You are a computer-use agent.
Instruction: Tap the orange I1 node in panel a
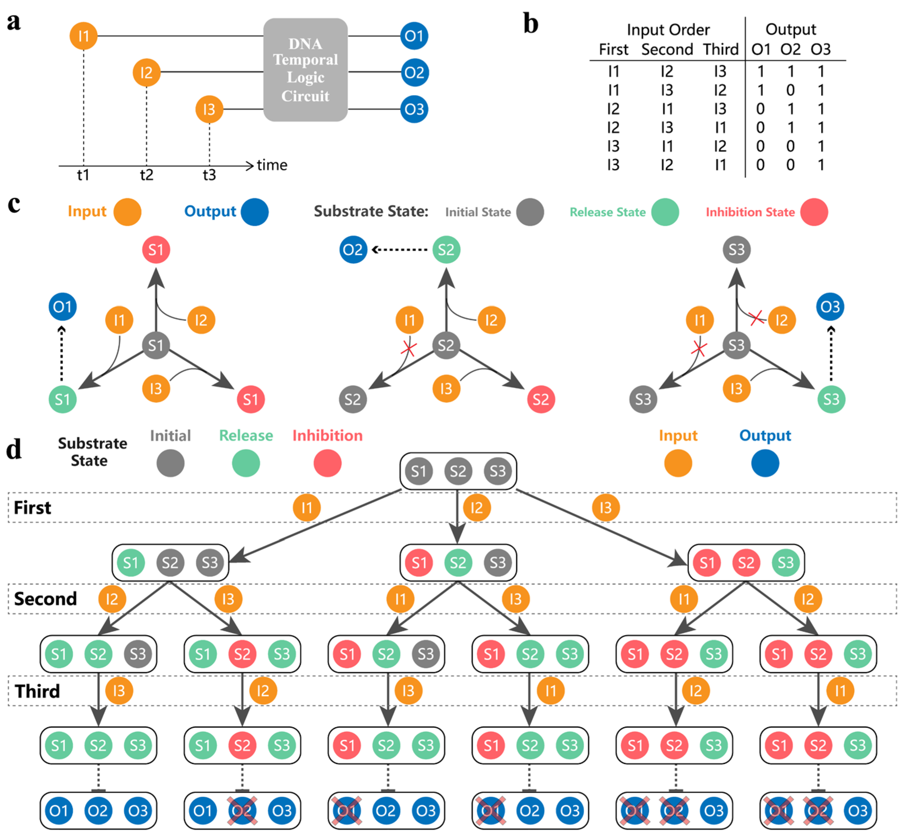pos(83,36)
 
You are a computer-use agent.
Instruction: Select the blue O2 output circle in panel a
pos(414,72)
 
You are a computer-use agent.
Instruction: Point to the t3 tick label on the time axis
pos(209,175)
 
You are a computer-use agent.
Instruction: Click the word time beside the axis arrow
pos(272,165)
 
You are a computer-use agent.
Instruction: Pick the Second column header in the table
pos(667,49)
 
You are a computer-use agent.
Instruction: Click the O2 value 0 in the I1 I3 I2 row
pos(790,90)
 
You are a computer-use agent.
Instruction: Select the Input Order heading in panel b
pos(668,30)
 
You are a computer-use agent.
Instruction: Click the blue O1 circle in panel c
pos(63,307)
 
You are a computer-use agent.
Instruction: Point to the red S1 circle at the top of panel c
pos(156,250)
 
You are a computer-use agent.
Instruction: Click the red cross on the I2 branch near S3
pos(756,318)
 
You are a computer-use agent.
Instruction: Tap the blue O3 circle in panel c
pos(830,307)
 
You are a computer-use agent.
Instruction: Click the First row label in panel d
pos(32,508)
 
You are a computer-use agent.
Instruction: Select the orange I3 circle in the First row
pos(605,508)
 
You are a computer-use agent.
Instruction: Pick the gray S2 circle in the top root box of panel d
pos(458,471)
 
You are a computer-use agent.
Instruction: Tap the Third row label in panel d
pos(37,691)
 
